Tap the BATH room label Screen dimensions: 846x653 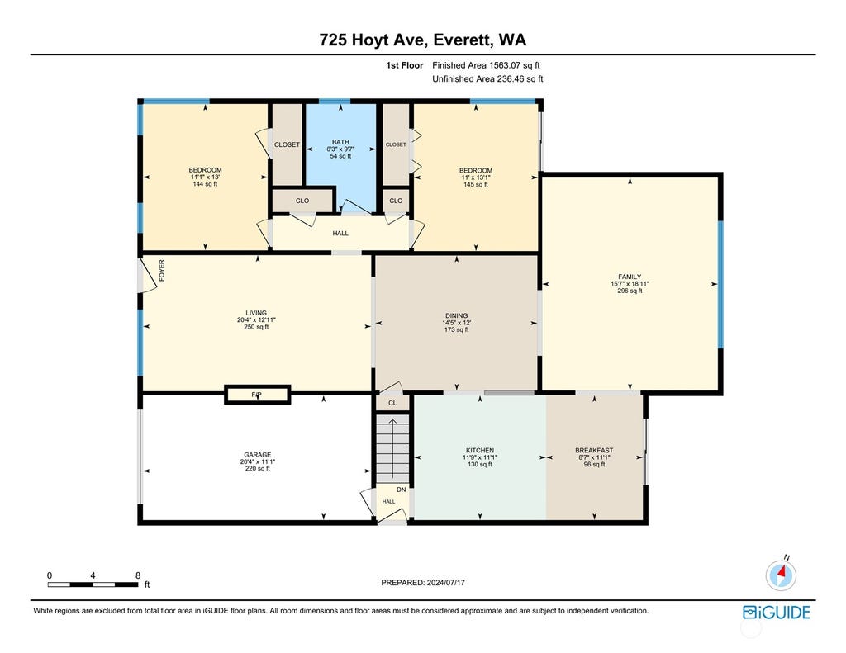coord(340,142)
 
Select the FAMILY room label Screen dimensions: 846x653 coord(630,277)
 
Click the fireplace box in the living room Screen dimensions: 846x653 coord(258,394)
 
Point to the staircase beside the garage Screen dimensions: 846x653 coord(392,448)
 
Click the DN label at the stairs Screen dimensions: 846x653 coord(401,490)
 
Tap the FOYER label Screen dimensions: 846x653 coord(161,270)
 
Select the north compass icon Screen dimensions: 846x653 coord(781,575)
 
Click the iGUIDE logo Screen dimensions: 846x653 coord(777,613)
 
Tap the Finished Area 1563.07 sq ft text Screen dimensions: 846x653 coord(486,65)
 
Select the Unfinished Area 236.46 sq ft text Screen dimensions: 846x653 coord(487,78)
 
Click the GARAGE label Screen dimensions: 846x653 coord(258,455)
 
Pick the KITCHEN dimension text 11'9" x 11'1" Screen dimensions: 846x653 coord(480,457)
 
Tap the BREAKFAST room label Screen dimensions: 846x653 coord(594,450)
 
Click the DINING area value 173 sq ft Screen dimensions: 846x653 coord(456,329)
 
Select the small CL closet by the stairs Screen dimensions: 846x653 coord(392,403)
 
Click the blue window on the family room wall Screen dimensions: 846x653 coord(720,284)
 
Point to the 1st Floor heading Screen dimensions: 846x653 coord(404,65)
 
